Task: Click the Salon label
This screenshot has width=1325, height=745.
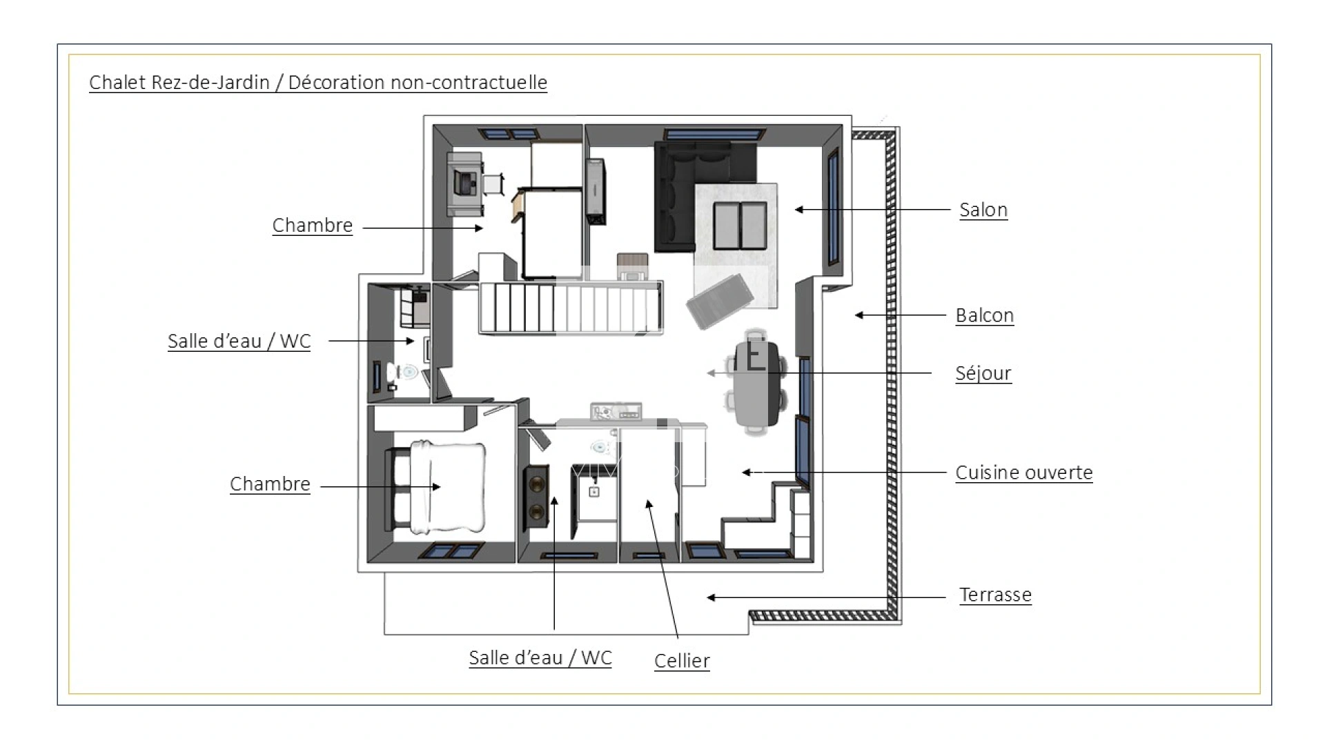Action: coord(983,210)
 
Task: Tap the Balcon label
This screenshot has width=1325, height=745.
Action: coord(984,315)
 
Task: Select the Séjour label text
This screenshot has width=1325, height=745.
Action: coord(983,373)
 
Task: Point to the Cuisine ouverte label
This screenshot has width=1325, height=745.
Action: coord(1023,473)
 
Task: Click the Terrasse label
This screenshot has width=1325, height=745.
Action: coord(995,595)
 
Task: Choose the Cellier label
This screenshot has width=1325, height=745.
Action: coord(682,661)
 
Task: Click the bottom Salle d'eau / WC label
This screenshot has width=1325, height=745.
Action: coord(540,657)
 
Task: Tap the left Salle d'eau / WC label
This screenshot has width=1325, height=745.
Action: coord(239,341)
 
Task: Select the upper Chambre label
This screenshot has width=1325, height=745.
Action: coord(312,226)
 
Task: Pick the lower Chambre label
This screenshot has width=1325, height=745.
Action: coord(270,484)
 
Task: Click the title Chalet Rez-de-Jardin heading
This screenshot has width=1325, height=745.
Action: coord(318,83)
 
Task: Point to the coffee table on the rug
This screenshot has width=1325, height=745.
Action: coord(740,226)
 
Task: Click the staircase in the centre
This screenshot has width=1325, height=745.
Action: coord(571,308)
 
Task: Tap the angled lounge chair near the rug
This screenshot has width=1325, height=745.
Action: coord(719,301)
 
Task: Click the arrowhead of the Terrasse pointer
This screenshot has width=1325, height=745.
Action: coord(711,597)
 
